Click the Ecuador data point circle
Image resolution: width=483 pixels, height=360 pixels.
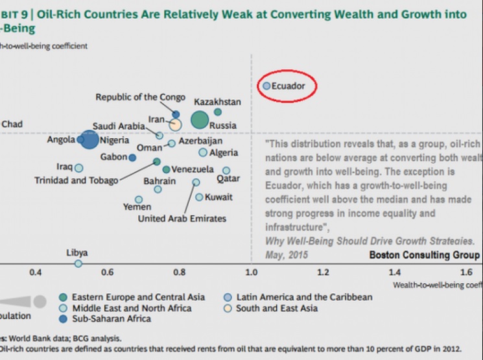(x=266, y=85)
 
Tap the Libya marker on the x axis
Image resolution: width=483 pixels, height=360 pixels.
(x=78, y=263)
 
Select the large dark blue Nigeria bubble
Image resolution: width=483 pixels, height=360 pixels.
(x=90, y=139)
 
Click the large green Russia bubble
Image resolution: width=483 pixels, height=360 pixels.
(x=200, y=120)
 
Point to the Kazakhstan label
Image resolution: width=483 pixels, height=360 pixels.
(x=217, y=102)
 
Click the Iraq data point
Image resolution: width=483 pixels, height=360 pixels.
(x=79, y=167)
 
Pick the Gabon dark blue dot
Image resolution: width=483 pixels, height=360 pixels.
(x=132, y=157)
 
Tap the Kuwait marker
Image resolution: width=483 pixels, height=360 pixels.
(x=199, y=197)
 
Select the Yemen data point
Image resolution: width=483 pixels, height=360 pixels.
(x=139, y=199)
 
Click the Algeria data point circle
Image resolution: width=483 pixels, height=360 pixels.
(x=203, y=152)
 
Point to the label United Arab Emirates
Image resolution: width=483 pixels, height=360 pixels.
(x=182, y=219)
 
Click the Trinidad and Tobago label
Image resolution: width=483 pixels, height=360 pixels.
(x=77, y=180)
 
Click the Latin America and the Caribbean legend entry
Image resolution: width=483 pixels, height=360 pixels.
(x=304, y=297)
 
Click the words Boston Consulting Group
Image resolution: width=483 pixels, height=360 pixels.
(x=425, y=255)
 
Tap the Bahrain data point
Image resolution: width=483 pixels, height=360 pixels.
(x=158, y=189)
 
